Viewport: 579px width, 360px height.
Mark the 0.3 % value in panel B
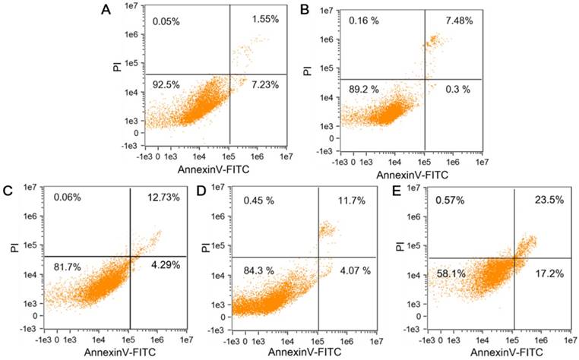point(458,89)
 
